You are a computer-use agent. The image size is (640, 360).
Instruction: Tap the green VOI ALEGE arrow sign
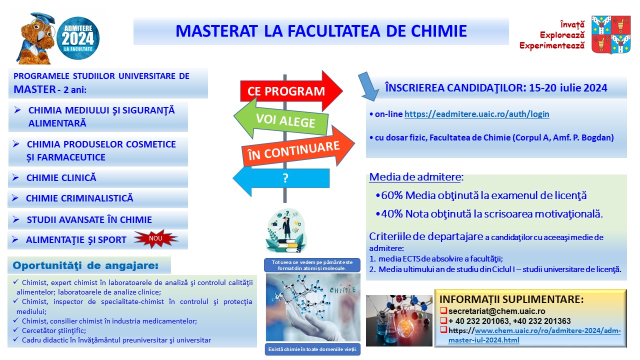coord(281,119)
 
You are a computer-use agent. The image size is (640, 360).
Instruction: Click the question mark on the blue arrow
coord(285,178)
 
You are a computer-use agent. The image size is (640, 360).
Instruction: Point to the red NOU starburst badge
coord(156,238)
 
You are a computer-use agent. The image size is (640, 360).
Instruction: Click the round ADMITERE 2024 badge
coord(78,38)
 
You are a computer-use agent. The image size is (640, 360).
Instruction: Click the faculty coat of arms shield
coord(611,34)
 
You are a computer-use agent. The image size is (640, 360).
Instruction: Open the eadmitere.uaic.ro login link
coord(476,114)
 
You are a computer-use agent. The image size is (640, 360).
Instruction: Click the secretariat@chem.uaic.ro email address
coord(496,311)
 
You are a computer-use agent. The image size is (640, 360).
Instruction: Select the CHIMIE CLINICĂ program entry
coord(61,177)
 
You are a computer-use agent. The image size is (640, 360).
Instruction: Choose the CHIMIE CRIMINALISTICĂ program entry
coord(79,198)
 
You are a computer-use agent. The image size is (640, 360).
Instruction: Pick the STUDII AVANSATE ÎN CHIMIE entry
coord(89,219)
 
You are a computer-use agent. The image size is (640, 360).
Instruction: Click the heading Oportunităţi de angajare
coord(85,265)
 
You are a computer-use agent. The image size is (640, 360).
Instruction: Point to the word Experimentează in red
coord(552,45)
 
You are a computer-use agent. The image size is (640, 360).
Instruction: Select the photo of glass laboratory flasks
coord(399,320)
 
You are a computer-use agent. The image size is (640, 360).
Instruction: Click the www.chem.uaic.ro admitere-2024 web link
coord(534,335)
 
